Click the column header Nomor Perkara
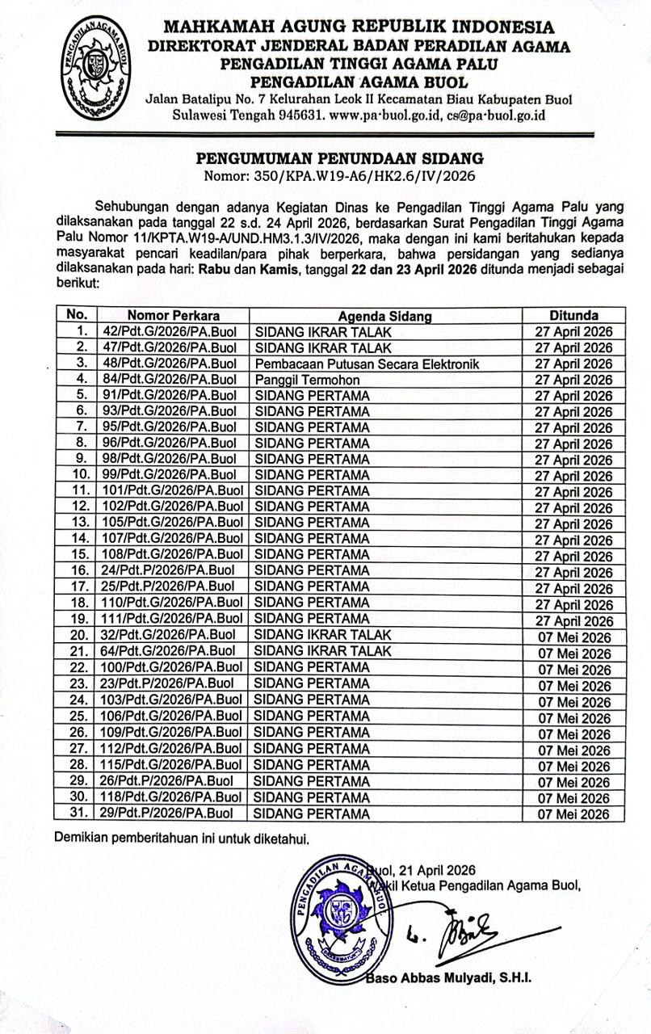click(x=174, y=315)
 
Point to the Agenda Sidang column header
click(x=384, y=315)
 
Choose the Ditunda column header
click(x=574, y=315)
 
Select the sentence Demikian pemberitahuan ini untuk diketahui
click(x=183, y=837)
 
